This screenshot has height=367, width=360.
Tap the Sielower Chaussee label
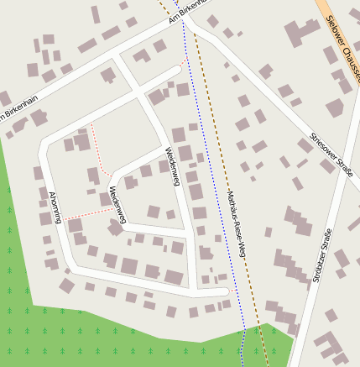(339, 47)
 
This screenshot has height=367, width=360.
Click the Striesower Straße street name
(331, 155)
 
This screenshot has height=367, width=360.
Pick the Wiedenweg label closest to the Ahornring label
(116, 207)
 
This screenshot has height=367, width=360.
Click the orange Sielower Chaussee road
(331, 25)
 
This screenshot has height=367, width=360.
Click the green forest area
(84, 336)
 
